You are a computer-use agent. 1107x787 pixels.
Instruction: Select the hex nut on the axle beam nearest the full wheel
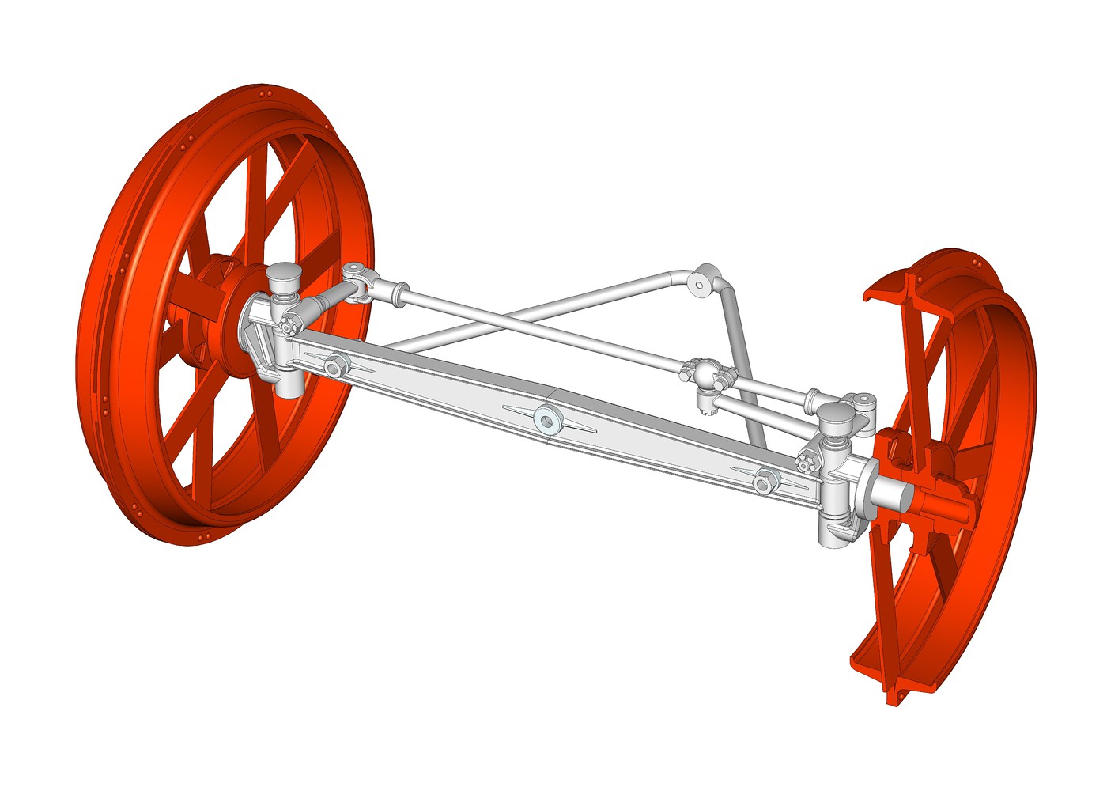click(x=334, y=366)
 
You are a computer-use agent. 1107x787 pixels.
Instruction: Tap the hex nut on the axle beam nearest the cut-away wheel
click(x=764, y=480)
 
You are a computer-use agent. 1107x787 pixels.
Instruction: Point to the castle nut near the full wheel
click(x=289, y=325)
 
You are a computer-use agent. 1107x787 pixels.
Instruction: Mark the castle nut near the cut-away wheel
click(x=807, y=463)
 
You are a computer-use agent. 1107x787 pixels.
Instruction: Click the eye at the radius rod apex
click(x=698, y=284)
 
